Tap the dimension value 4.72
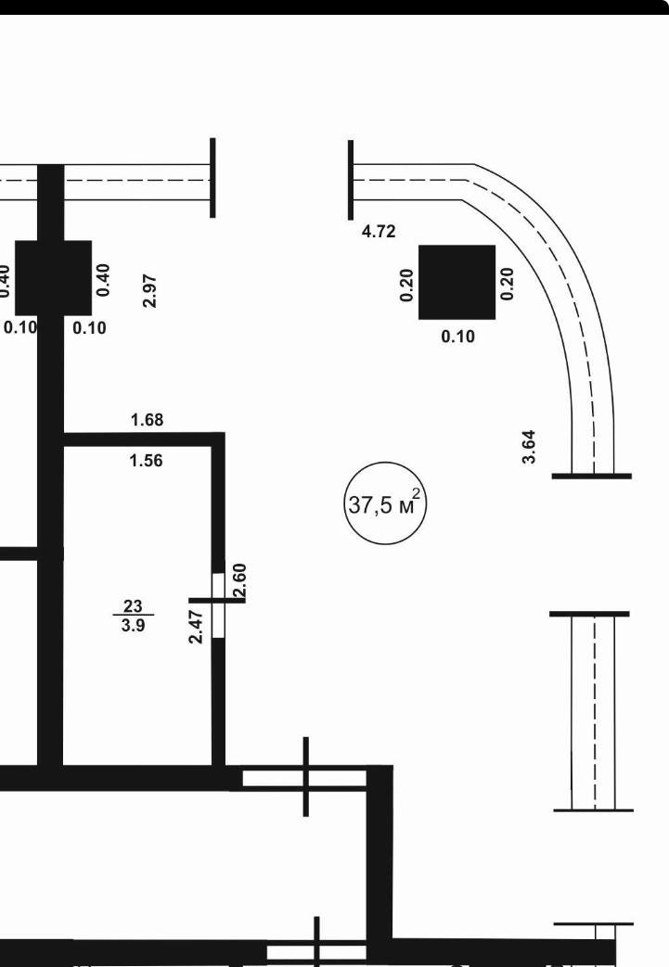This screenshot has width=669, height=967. pyautogui.click(x=379, y=232)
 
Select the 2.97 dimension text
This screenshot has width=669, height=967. pyautogui.click(x=150, y=290)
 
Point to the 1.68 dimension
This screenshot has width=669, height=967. pyautogui.click(x=147, y=420)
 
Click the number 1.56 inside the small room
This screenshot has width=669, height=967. pyautogui.click(x=147, y=460)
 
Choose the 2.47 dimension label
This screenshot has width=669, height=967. pyautogui.click(x=196, y=627)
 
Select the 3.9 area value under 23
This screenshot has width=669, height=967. pyautogui.click(x=133, y=624)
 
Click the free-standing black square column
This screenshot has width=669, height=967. pyautogui.click(x=457, y=282)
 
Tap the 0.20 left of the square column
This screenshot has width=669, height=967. pyautogui.click(x=406, y=285)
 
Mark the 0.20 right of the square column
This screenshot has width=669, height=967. pyautogui.click(x=507, y=284)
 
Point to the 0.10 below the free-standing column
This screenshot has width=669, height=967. pyautogui.click(x=457, y=337)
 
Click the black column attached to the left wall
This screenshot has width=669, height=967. pyautogui.click(x=54, y=279)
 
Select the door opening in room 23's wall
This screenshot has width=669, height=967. pyautogui.click(x=218, y=604)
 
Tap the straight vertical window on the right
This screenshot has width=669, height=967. pyautogui.click(x=593, y=712)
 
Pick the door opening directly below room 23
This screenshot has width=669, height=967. pyautogui.click(x=304, y=778)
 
